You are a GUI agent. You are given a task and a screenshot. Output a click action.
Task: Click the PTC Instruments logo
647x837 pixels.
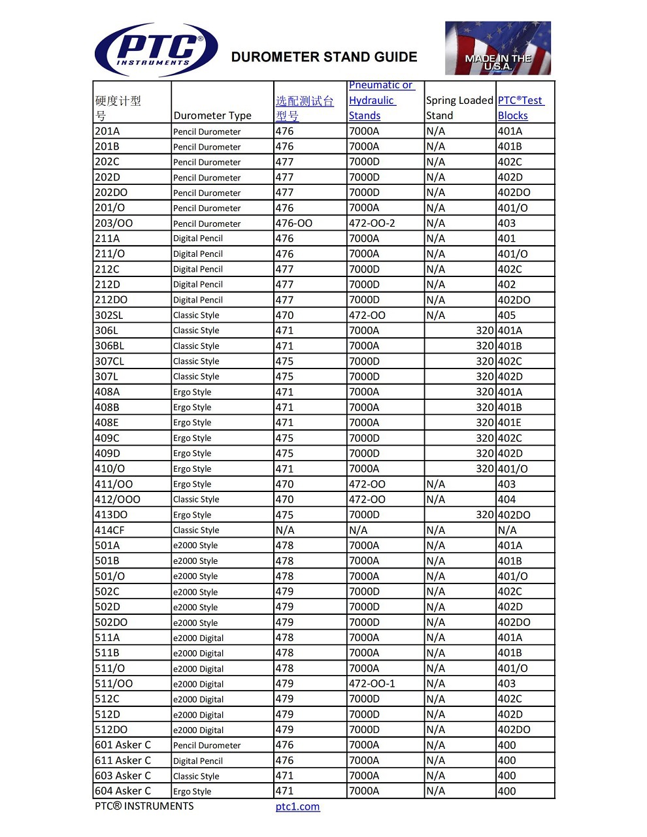[157, 50]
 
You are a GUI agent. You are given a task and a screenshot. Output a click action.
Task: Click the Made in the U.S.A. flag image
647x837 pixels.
[497, 48]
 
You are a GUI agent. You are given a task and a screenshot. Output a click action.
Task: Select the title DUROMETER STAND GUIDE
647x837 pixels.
[324, 57]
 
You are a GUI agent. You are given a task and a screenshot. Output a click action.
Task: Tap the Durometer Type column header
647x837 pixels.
[212, 116]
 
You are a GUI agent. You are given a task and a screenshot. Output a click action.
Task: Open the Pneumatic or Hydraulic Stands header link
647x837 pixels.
[380, 101]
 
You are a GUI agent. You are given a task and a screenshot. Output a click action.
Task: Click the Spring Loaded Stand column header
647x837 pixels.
[459, 108]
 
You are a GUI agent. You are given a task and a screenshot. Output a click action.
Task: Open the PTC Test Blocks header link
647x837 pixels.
[520, 108]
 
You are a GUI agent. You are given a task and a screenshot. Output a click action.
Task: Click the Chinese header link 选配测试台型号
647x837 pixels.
[304, 108]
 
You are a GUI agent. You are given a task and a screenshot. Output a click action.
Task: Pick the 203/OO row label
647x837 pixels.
[114, 223]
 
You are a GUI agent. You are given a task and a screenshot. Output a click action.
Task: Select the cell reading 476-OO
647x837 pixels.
[293, 223]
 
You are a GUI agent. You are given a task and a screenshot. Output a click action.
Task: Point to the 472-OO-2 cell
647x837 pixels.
[371, 223]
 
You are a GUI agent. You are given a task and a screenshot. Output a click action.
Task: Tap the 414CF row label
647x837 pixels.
[109, 531]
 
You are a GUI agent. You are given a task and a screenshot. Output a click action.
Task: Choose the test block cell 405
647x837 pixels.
[506, 316]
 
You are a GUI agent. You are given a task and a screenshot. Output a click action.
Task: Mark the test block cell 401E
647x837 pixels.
[510, 423]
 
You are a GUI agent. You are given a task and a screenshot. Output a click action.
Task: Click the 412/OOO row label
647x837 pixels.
[118, 500]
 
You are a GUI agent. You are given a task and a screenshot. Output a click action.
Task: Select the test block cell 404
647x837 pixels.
[506, 500]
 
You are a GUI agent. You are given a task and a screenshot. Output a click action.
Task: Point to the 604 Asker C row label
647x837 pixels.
[123, 791]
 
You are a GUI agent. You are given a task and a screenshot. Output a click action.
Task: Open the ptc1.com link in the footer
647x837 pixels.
[297, 806]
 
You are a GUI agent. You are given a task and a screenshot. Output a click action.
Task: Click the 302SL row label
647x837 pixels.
[108, 316]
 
